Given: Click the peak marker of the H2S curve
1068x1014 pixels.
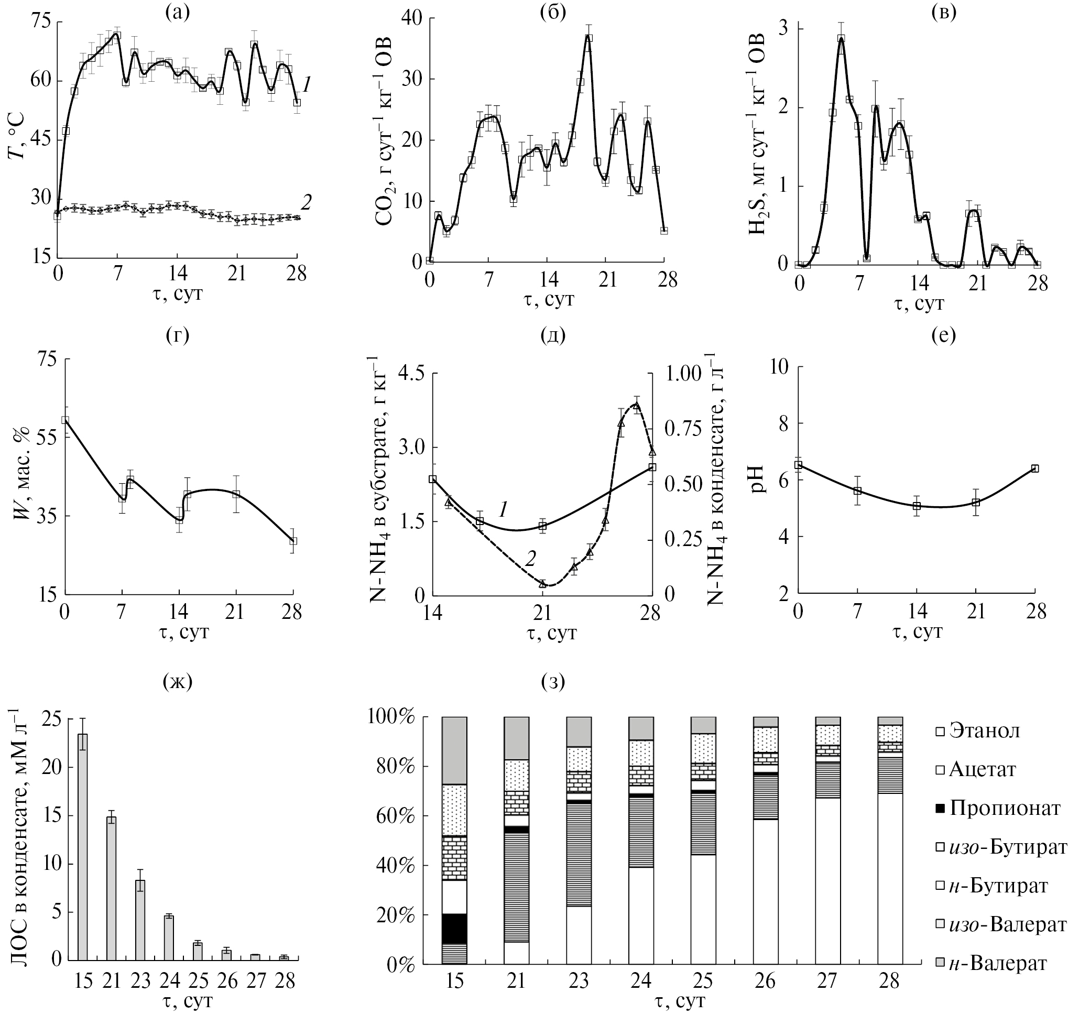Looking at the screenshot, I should coord(841,38).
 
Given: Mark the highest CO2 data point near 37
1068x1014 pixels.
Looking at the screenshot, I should coord(589,38).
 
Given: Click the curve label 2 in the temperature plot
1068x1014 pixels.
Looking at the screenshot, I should coord(307,202).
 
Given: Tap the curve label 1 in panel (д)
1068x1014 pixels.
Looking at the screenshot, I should coord(502,509).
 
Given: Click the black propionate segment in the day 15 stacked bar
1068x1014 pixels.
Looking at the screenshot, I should coord(454,928).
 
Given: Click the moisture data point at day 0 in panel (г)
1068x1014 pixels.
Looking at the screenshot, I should coord(65,420).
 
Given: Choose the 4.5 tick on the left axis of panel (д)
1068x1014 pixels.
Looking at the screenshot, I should coord(412,374).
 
